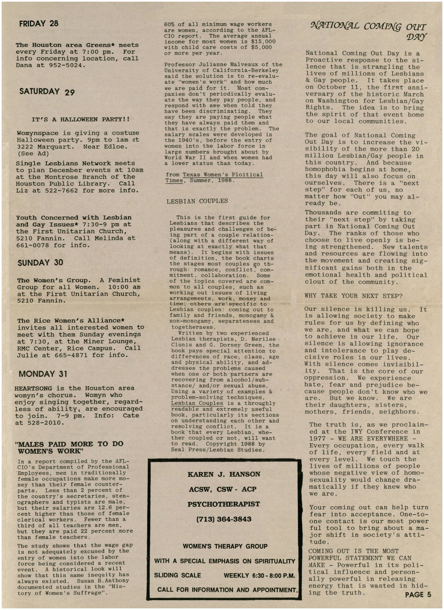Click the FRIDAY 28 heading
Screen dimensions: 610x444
pyautogui.click(x=39, y=23)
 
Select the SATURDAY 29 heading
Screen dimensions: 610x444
pyautogui.click(x=47, y=91)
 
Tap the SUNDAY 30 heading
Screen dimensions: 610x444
pyautogui.click(x=40, y=262)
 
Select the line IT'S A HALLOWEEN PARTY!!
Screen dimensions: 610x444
pyautogui.click(x=81, y=120)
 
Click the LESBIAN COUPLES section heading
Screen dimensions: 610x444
pyautogui.click(x=197, y=201)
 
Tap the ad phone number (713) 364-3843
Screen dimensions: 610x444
pyautogui.click(x=224, y=519)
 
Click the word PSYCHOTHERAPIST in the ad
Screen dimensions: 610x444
pyautogui.click(x=224, y=504)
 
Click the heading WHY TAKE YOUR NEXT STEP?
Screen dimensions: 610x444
pyautogui.click(x=353, y=296)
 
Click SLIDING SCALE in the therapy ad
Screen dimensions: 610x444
pyautogui.click(x=177, y=575)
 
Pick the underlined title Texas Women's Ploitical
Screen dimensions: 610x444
pyautogui.click(x=223, y=175)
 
